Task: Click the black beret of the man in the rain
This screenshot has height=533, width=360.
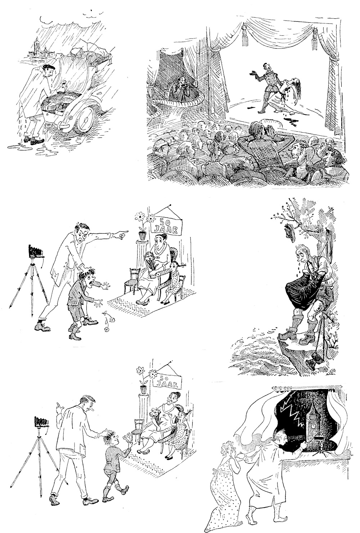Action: click(49, 67)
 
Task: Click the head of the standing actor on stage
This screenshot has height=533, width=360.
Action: click(266, 67)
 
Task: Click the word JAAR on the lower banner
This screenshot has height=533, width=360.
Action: click(165, 384)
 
